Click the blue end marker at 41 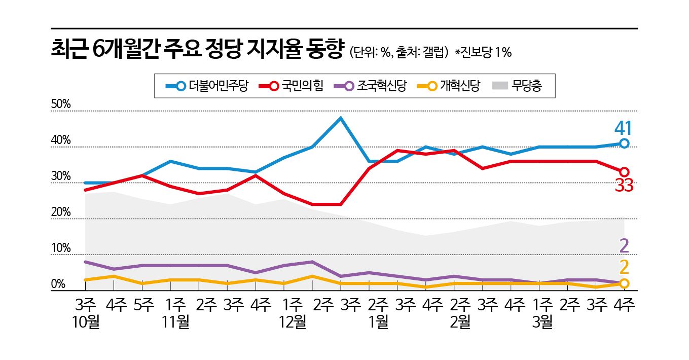[624, 143]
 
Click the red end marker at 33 [624, 172]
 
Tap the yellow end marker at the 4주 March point [624, 283]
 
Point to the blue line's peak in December [341, 118]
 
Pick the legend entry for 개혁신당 [449, 86]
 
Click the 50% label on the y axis [61, 104]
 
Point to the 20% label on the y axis [61, 212]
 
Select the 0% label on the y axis [58, 284]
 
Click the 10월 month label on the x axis [86, 322]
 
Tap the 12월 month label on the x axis [293, 322]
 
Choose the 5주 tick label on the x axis [144, 306]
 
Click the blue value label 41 [624, 128]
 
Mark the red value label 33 [624, 186]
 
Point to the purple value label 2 [624, 246]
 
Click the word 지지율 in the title [273, 50]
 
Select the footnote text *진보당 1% [483, 52]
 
